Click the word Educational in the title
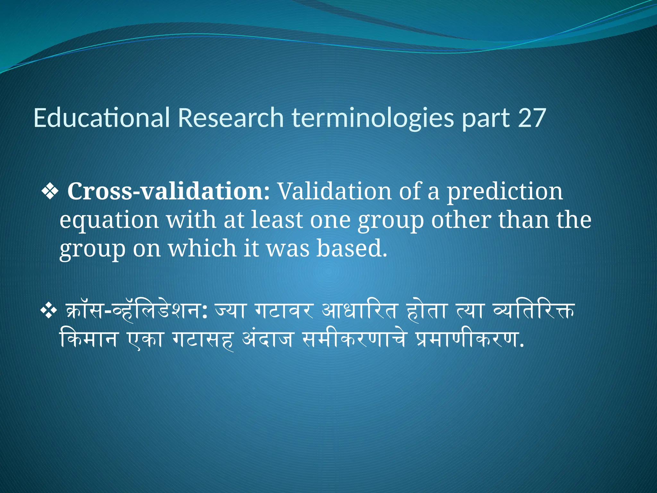(x=101, y=118)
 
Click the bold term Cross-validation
(x=168, y=191)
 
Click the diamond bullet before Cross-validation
(x=50, y=192)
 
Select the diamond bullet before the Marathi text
(x=49, y=311)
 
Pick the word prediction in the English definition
(x=505, y=191)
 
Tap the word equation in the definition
(x=109, y=220)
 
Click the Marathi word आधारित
(x=359, y=311)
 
